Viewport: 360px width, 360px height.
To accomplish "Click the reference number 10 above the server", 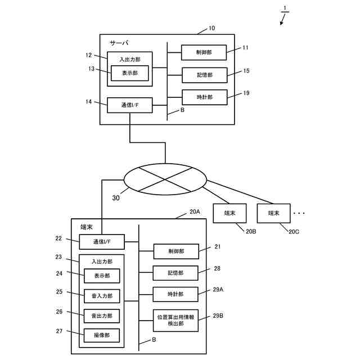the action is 211,28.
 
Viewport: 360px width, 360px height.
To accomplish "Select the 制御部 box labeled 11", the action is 204,52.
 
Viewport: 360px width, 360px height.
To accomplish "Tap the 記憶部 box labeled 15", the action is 205,75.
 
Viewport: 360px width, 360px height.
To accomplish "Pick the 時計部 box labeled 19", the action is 205,97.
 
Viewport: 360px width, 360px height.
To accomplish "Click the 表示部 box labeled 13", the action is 130,73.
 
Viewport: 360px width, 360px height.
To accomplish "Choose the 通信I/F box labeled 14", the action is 130,105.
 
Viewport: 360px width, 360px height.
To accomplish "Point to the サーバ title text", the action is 119,43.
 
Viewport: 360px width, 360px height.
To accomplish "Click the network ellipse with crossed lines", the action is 165,179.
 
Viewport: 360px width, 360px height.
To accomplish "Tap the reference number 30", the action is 116,198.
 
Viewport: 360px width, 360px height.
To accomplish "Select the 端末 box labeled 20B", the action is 229,213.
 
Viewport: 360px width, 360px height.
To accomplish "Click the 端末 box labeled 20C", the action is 274,213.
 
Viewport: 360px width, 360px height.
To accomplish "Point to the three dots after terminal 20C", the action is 299,214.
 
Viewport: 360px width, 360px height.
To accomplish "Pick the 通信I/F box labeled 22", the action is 102,242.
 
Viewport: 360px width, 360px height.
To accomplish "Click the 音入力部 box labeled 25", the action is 102,296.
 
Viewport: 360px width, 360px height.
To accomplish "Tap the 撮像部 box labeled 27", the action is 102,335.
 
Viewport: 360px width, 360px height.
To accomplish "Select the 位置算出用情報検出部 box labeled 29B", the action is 175,321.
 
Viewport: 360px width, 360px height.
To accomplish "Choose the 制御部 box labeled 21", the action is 176,251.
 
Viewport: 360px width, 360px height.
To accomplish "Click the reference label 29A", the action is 218,290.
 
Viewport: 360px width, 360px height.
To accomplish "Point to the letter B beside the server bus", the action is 182,110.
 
